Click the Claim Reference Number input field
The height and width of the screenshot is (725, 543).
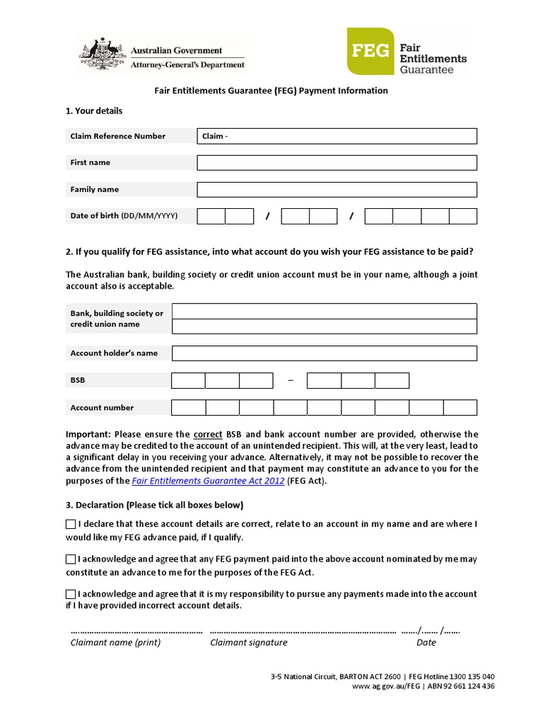click(x=337, y=136)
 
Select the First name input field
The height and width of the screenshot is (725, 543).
click(x=337, y=163)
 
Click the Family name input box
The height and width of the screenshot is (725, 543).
click(x=337, y=190)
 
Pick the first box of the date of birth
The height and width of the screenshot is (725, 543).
click(x=211, y=216)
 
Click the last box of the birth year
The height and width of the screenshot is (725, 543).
click(x=463, y=216)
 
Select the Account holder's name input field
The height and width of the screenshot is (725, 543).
click(x=325, y=353)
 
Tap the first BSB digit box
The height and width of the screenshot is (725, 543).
click(x=188, y=381)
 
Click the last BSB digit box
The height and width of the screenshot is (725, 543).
click(x=392, y=381)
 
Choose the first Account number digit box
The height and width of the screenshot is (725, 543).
click(x=188, y=408)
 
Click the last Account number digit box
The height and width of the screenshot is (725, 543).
click(x=460, y=408)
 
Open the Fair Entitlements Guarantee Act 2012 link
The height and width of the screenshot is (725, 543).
click(x=209, y=481)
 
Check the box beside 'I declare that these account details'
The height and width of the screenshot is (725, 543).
click(x=71, y=525)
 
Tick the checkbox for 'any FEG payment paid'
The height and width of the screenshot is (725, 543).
click(x=71, y=559)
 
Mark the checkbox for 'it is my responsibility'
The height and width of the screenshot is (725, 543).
click(x=71, y=594)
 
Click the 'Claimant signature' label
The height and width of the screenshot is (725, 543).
click(x=249, y=643)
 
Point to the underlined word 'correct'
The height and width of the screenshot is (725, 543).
click(x=208, y=434)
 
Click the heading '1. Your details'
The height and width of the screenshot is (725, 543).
click(x=94, y=111)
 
